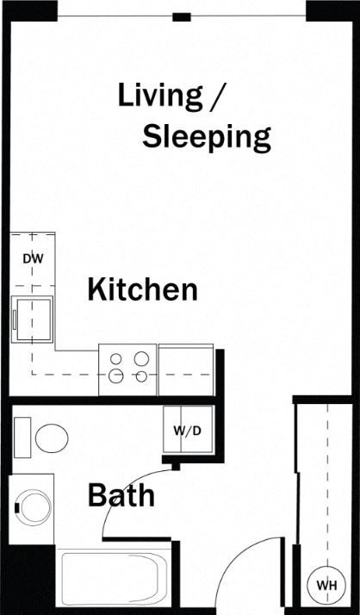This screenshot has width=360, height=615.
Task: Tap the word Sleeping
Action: click(207, 136)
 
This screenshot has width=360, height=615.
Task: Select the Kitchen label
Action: click(142, 289)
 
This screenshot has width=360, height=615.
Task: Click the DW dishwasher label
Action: click(33, 258)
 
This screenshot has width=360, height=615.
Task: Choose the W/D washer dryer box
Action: click(187, 431)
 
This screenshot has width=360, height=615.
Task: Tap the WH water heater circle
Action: click(326, 585)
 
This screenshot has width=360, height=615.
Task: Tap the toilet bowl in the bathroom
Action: click(52, 438)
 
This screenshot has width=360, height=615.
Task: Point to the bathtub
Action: click(112, 581)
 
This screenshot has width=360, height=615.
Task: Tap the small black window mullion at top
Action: click(181, 16)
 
